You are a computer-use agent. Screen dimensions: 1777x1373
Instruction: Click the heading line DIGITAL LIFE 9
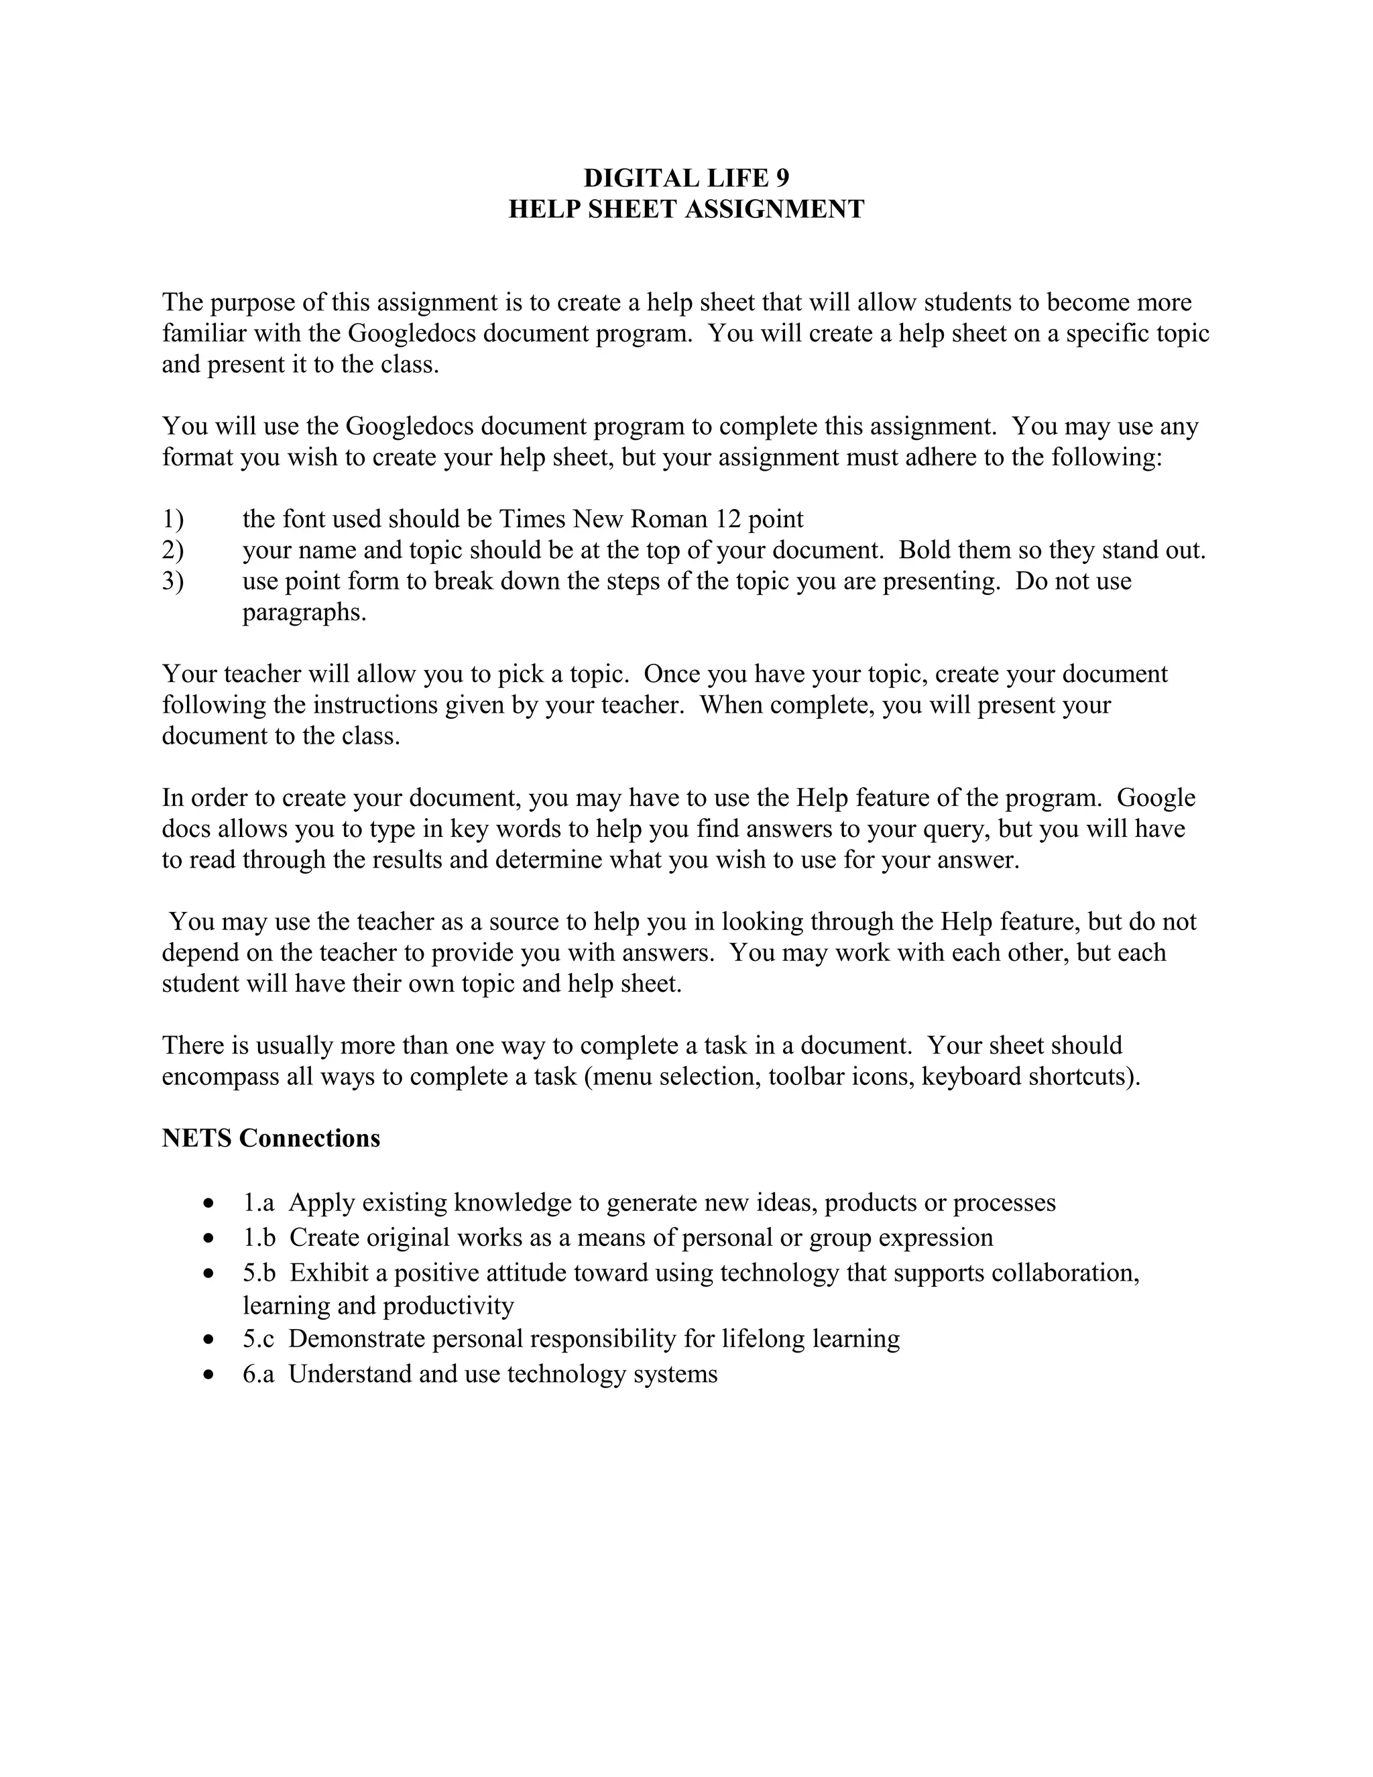click(686, 178)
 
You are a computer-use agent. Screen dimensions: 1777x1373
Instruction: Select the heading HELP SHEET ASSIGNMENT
click(686, 209)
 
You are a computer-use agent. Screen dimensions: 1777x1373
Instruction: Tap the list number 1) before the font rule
click(172, 519)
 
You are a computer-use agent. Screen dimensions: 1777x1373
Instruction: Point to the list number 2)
click(172, 550)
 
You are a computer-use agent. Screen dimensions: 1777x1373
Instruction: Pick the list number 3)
click(172, 581)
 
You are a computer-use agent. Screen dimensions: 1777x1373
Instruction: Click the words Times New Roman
click(603, 519)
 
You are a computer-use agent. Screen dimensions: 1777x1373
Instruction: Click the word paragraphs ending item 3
click(304, 612)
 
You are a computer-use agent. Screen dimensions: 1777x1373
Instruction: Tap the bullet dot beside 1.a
click(210, 1202)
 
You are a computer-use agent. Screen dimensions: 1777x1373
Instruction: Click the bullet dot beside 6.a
click(210, 1374)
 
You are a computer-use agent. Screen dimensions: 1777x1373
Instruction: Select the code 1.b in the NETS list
click(259, 1238)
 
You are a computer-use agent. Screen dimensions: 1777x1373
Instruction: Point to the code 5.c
click(258, 1339)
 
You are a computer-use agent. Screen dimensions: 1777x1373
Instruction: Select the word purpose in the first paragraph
click(252, 302)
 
